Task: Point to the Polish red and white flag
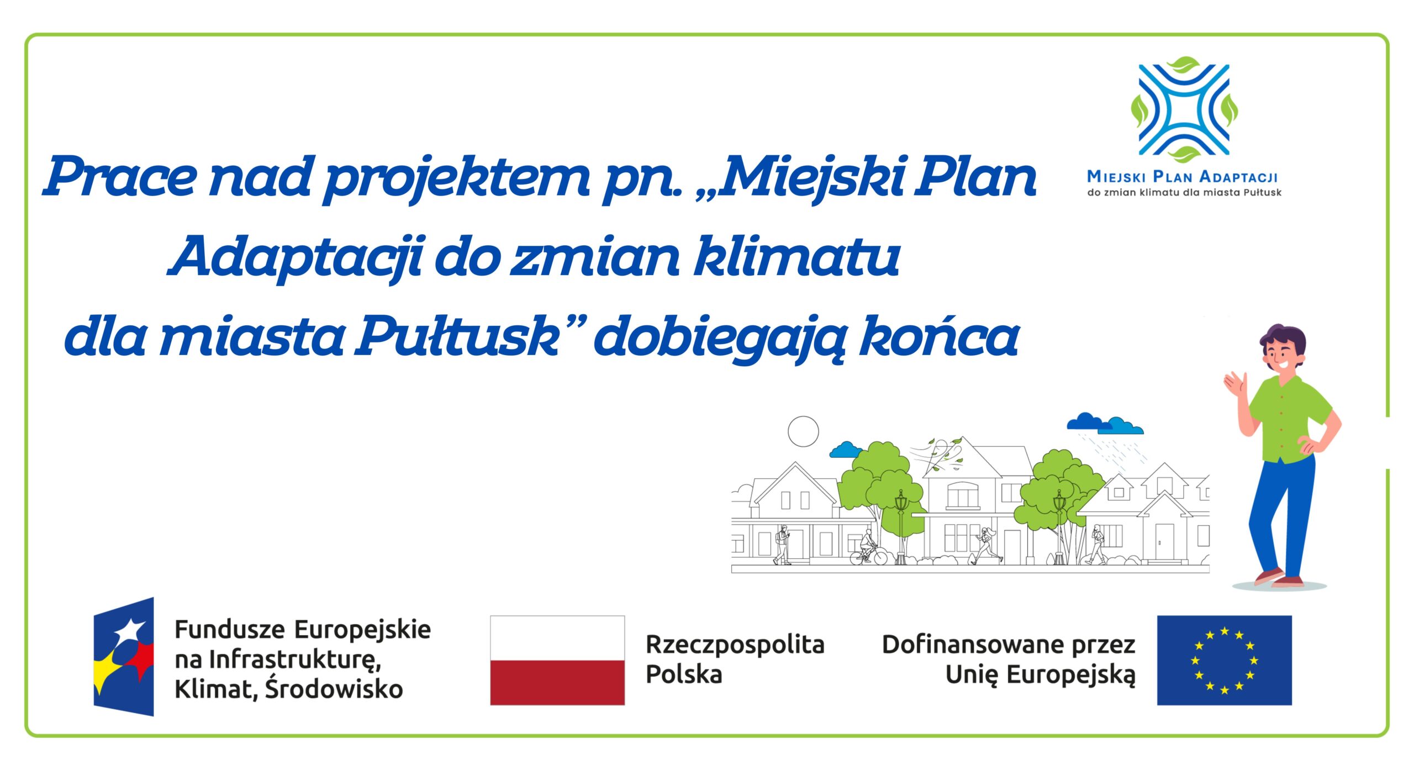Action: [557, 660]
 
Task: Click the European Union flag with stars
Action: [1224, 660]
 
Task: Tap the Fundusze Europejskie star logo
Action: [124, 657]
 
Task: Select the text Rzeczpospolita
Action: [735, 645]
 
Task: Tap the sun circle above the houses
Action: [803, 431]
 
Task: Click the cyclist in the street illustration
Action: [868, 547]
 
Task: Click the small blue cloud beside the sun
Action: [845, 450]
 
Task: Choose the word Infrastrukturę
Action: [294, 659]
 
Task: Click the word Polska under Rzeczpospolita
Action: [684, 675]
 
